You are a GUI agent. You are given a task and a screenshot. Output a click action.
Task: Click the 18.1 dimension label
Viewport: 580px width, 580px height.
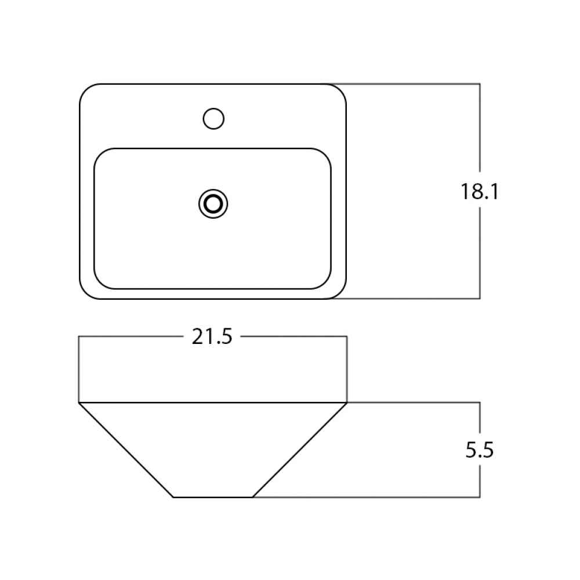click(480, 191)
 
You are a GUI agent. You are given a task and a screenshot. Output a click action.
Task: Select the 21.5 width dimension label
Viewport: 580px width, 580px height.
click(212, 336)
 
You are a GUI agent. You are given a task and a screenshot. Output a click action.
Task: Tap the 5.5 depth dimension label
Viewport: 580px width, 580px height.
click(480, 450)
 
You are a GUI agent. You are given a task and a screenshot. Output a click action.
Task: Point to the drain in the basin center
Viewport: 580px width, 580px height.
click(213, 204)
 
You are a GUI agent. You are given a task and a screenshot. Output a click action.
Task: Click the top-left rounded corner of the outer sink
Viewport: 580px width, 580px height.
click(86, 90)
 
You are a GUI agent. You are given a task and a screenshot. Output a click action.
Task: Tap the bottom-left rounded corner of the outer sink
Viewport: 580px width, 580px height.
click(86, 292)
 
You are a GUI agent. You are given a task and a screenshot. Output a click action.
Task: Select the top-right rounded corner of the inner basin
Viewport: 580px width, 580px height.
click(325, 154)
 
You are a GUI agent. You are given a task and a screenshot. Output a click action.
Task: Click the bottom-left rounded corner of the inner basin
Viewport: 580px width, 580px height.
click(100, 284)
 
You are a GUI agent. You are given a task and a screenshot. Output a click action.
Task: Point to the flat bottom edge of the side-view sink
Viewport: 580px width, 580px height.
click(213, 497)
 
